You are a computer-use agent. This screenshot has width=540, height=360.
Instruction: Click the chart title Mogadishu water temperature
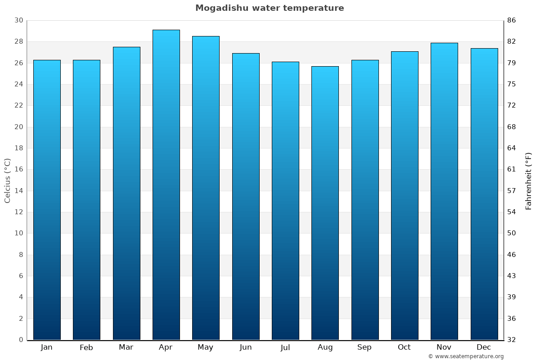tap(270, 8)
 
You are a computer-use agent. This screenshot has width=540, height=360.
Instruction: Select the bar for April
tap(166, 184)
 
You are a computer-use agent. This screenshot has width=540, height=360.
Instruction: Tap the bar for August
tap(325, 202)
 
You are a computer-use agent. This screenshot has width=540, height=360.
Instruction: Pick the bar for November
tap(444, 191)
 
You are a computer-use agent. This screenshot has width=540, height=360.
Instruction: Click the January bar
tap(47, 200)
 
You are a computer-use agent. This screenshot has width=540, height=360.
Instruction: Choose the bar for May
tap(206, 188)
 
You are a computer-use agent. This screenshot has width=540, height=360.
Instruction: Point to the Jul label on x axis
tap(285, 347)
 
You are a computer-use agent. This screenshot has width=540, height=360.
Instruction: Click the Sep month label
tap(364, 347)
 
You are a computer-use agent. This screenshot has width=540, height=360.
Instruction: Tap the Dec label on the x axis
tap(484, 347)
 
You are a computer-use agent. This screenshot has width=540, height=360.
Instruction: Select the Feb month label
tap(86, 347)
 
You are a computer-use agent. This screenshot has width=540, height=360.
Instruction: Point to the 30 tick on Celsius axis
tap(18, 20)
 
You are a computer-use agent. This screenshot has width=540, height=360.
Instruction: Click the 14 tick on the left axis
tap(18, 191)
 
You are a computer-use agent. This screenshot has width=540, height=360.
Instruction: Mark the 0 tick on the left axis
tap(21, 340)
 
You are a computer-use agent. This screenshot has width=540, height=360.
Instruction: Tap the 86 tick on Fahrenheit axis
tap(512, 20)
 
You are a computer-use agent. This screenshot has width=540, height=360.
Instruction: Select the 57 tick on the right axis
tap(512, 191)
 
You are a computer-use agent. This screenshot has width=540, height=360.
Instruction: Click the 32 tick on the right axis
tap(512, 340)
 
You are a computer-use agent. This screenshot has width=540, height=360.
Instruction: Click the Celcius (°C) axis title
tap(8, 180)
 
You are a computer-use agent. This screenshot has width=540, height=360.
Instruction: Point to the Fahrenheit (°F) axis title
tap(529, 180)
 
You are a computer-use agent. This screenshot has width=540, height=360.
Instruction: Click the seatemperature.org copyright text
tap(466, 356)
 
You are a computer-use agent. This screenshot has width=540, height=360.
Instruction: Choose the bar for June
tap(246, 196)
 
